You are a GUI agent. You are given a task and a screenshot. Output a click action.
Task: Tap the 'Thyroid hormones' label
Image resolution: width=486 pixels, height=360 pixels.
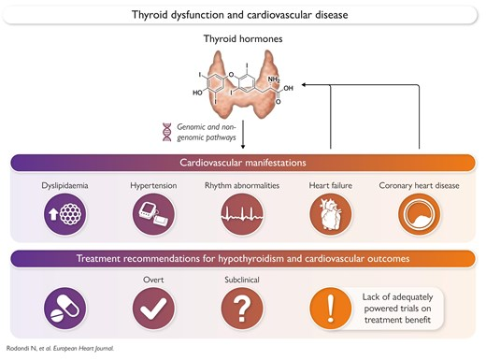tap(242, 40)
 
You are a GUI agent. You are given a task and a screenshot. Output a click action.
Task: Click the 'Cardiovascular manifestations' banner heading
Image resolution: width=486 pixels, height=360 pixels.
tap(242, 163)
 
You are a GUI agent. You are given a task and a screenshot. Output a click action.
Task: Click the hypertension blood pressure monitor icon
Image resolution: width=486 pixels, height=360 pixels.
tap(152, 214)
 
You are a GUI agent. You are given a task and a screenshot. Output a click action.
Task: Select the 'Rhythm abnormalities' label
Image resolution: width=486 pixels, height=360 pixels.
tap(242, 185)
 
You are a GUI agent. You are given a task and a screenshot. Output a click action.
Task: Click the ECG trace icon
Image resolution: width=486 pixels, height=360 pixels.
tap(242, 214)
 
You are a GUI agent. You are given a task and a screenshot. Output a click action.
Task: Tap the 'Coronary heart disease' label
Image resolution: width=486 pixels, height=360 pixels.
tap(418, 185)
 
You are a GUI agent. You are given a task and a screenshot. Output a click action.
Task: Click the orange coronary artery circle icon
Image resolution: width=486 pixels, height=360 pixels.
tap(418, 214)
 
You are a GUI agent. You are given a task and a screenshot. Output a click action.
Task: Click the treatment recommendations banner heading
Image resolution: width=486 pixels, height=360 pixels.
tap(242, 259)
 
